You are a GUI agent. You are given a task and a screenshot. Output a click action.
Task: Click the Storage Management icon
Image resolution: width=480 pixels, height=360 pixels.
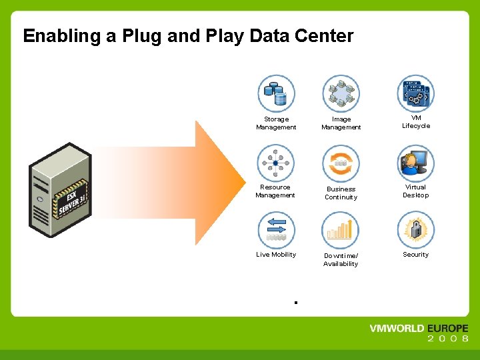tap(276, 93)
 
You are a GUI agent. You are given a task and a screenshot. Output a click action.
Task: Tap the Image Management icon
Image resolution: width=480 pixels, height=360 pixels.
tap(341, 93)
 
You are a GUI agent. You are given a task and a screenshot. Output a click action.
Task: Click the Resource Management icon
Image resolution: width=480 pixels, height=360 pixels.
tap(276, 163)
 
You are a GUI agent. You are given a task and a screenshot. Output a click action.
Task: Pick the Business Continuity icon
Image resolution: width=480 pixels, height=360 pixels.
tap(341, 163)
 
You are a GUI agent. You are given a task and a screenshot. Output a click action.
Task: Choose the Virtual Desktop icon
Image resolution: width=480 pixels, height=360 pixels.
tap(415, 163)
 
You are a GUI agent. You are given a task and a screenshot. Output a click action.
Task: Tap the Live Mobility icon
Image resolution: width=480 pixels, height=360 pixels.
tap(276, 230)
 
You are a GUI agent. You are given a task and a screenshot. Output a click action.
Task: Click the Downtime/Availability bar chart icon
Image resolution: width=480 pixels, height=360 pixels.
tap(341, 230)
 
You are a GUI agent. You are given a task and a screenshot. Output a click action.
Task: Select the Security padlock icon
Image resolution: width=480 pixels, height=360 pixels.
tap(415, 230)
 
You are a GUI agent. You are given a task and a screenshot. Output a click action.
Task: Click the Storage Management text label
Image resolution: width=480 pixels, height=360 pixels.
tap(276, 123)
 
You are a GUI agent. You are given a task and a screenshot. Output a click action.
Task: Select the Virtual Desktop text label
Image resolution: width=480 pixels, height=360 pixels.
tap(415, 191)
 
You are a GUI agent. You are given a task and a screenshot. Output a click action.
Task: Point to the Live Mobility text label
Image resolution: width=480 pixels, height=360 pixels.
tap(276, 255)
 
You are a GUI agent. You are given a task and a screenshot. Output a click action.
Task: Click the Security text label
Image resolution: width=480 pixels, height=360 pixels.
tap(415, 255)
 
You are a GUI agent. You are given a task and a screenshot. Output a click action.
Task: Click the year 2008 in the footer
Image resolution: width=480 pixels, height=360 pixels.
tap(447, 339)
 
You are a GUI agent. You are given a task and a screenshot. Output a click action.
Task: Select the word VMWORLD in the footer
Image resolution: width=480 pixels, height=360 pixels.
tap(397, 329)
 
